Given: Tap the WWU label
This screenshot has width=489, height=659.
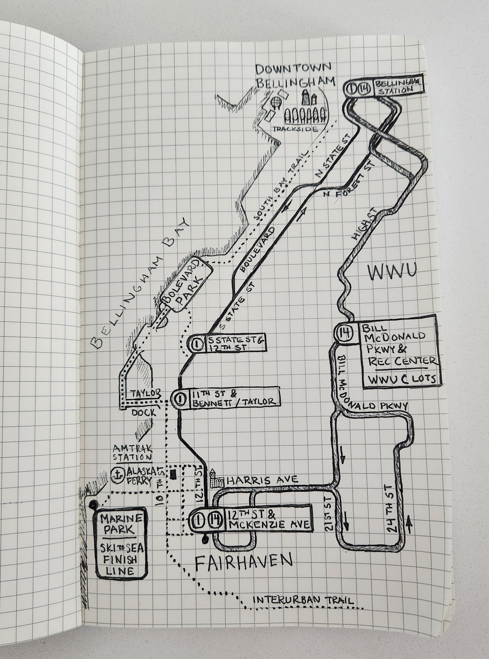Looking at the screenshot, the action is point(392,272).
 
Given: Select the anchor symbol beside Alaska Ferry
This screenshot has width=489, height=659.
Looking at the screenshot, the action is point(118,475).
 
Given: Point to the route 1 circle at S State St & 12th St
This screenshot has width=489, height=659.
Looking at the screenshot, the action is point(197,344).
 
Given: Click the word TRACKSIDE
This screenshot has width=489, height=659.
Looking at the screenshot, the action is point(295,129).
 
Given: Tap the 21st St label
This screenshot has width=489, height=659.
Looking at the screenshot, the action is point(329,512).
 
